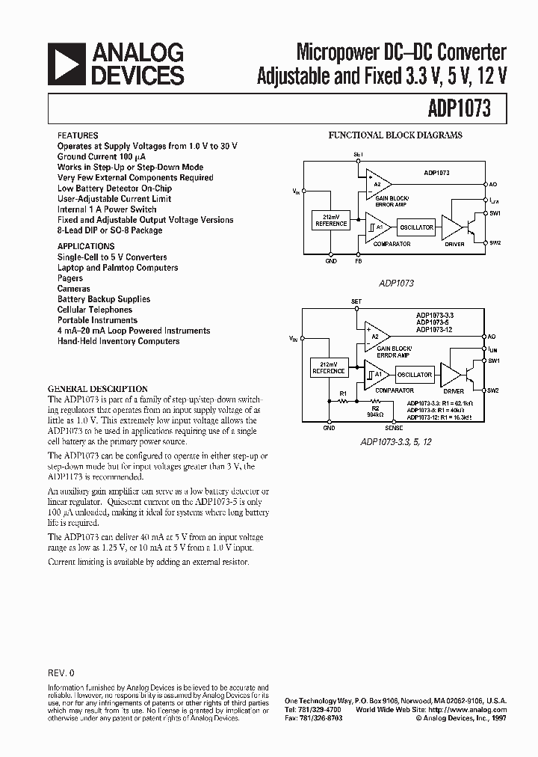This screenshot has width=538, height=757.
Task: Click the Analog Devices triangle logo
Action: pos(67,64)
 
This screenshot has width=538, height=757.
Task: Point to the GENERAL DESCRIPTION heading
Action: pos(87,389)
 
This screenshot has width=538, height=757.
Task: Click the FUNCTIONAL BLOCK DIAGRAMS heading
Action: pos(395,135)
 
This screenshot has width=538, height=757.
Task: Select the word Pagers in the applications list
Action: pos(70,278)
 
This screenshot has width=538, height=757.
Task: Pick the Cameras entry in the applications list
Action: pos(73,289)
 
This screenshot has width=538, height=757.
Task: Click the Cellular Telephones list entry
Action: pos(94,310)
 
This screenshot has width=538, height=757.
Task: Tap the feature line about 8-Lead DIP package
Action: pos(110,230)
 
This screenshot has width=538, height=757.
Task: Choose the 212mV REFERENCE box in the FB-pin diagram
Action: pos(331,220)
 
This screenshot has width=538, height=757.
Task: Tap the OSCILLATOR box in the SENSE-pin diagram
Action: pos(414,375)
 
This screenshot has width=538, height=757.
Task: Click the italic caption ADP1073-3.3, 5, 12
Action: pos(396,441)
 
